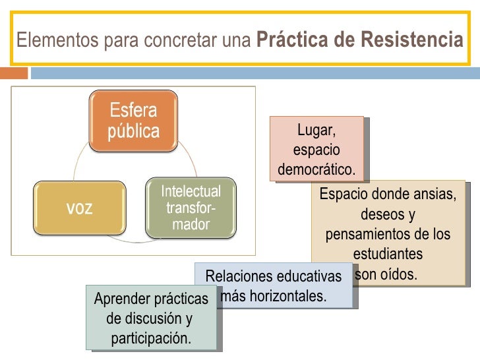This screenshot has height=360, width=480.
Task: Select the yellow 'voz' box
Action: pos(80,208)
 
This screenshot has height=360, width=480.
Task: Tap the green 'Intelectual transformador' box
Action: pos(191,208)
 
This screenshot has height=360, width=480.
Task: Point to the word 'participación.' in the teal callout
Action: pos(151,339)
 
